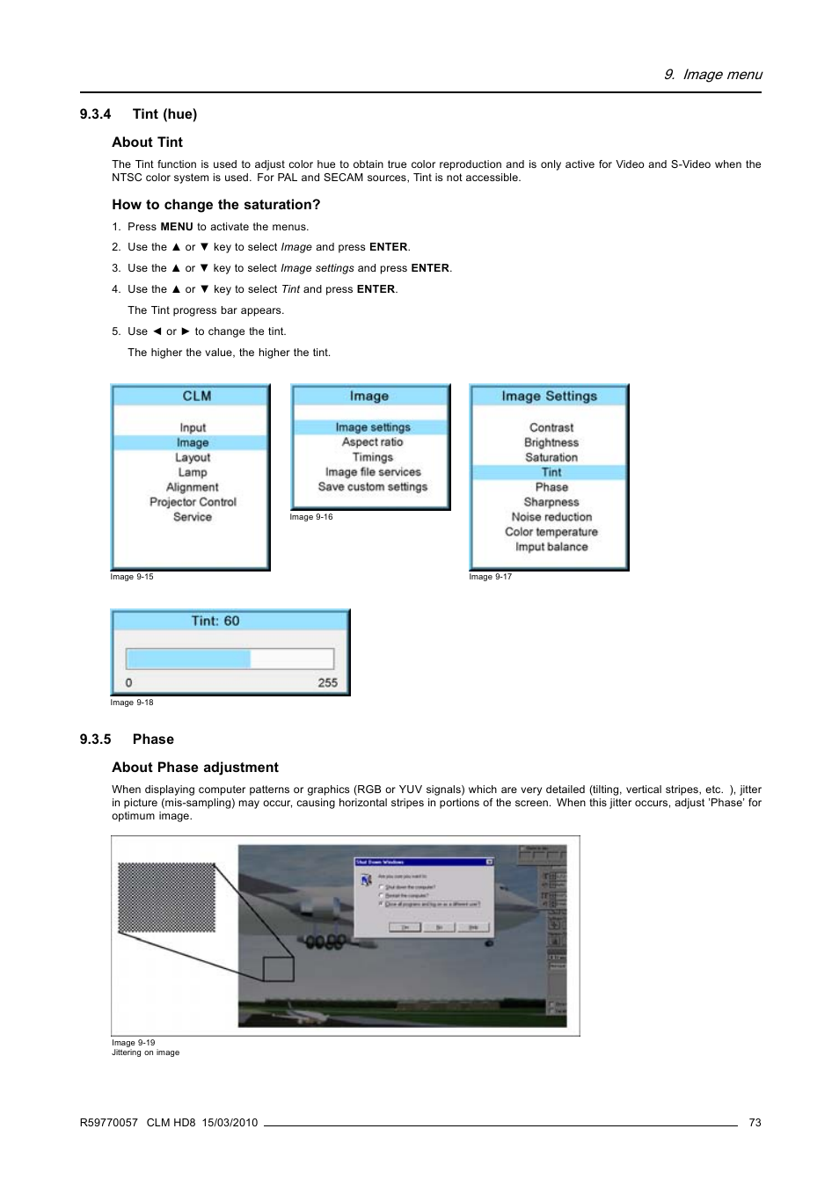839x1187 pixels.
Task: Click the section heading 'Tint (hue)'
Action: (x=164, y=114)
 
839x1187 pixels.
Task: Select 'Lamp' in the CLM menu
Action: (x=193, y=472)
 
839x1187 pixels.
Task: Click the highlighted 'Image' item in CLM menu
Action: (x=192, y=443)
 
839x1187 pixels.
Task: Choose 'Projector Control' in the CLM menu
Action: (x=193, y=502)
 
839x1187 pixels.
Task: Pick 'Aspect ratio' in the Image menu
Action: (x=372, y=442)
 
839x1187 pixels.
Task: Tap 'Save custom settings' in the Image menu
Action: (x=372, y=487)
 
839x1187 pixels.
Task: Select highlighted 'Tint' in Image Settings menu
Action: (x=551, y=472)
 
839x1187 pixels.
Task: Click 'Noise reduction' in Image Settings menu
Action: (x=551, y=517)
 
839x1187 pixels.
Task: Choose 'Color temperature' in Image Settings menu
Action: (x=551, y=532)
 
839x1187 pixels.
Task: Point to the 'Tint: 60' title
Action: (x=215, y=621)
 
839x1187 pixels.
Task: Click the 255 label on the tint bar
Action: (x=327, y=683)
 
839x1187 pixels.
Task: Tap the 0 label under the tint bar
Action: (x=129, y=683)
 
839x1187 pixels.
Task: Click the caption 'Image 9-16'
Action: (x=311, y=517)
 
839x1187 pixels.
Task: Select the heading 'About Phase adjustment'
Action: (x=195, y=768)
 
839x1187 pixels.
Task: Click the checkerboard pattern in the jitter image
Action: (x=167, y=897)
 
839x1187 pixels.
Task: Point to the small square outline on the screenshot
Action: (x=278, y=969)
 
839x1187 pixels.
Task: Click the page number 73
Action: (x=755, y=1123)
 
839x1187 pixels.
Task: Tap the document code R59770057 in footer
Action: (x=108, y=1123)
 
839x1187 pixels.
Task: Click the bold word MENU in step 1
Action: (x=176, y=227)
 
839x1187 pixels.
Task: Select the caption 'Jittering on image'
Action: (x=145, y=1052)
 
